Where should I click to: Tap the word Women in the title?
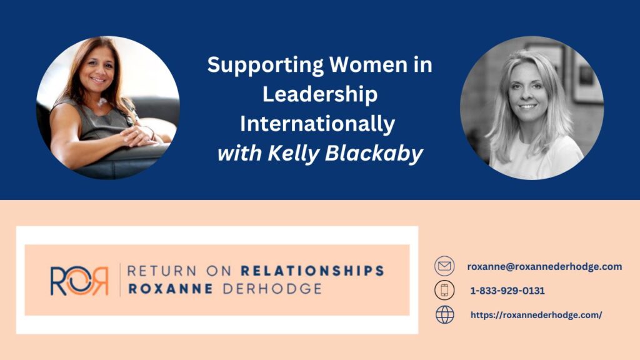click(x=369, y=64)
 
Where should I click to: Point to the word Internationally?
click(x=317, y=124)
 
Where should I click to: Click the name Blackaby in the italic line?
click(x=374, y=154)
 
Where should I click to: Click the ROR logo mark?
click(x=79, y=281)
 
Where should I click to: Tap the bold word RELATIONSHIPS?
click(x=312, y=271)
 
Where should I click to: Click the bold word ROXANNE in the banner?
click(x=171, y=289)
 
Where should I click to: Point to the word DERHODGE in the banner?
click(x=272, y=289)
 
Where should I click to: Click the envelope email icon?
click(x=444, y=266)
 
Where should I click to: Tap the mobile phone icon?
click(x=444, y=290)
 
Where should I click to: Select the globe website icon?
click(x=444, y=315)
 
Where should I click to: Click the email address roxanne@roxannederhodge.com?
click(x=544, y=266)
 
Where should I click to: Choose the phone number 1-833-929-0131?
click(x=507, y=291)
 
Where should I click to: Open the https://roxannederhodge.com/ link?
click(x=536, y=315)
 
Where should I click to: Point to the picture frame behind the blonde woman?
click(x=586, y=77)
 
